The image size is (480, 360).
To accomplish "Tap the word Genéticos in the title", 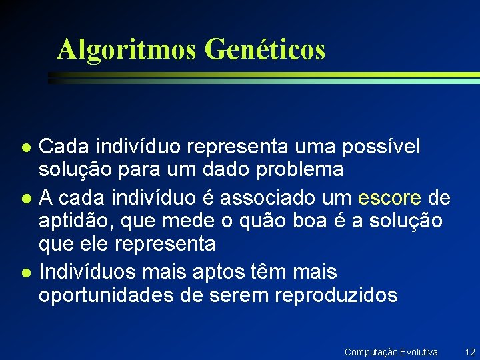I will click(265, 49).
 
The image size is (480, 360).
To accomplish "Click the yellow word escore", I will click(389, 198).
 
